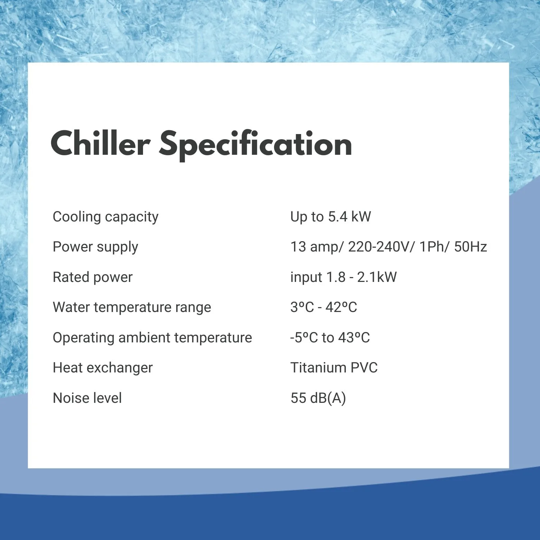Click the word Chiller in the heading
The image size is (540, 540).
coord(100,143)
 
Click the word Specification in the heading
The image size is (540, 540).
coord(256,145)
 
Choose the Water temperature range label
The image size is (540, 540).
coord(132,307)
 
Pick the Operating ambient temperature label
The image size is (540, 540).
coord(152,338)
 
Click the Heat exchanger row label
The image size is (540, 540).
coord(103,368)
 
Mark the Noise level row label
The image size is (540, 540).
coord(87,398)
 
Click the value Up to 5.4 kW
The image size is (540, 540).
coord(331,217)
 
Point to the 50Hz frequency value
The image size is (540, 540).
coord(471,247)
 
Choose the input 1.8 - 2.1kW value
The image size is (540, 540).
coord(343,277)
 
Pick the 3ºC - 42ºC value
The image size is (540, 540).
coord(324,307)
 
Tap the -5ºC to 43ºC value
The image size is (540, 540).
coord(330,338)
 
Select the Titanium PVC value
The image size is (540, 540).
coord(334,368)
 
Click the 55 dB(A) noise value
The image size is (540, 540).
coord(318,398)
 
